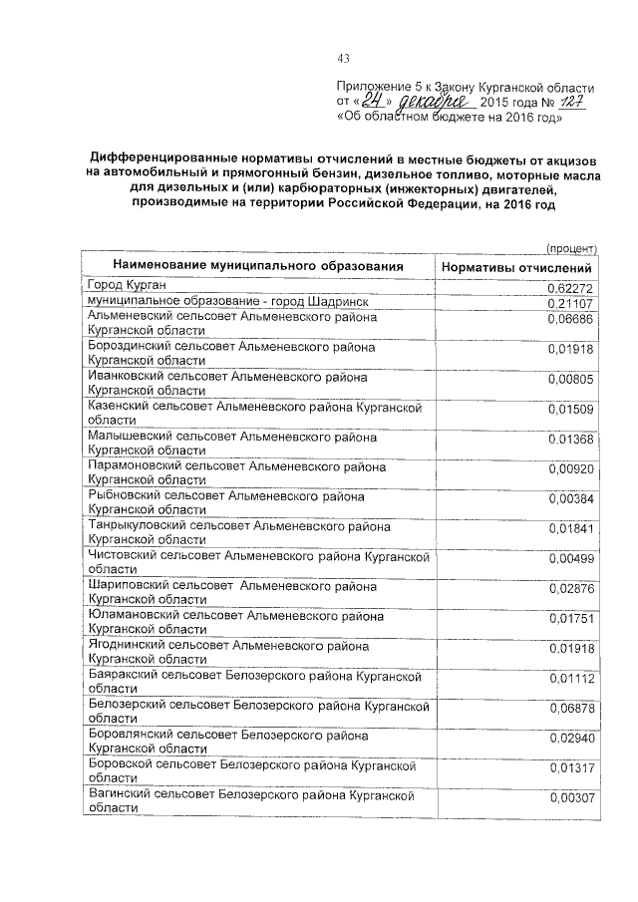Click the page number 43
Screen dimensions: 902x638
pos(345,57)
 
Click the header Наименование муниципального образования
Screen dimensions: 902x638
pos(258,267)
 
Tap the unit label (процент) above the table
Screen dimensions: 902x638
pos(571,248)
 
